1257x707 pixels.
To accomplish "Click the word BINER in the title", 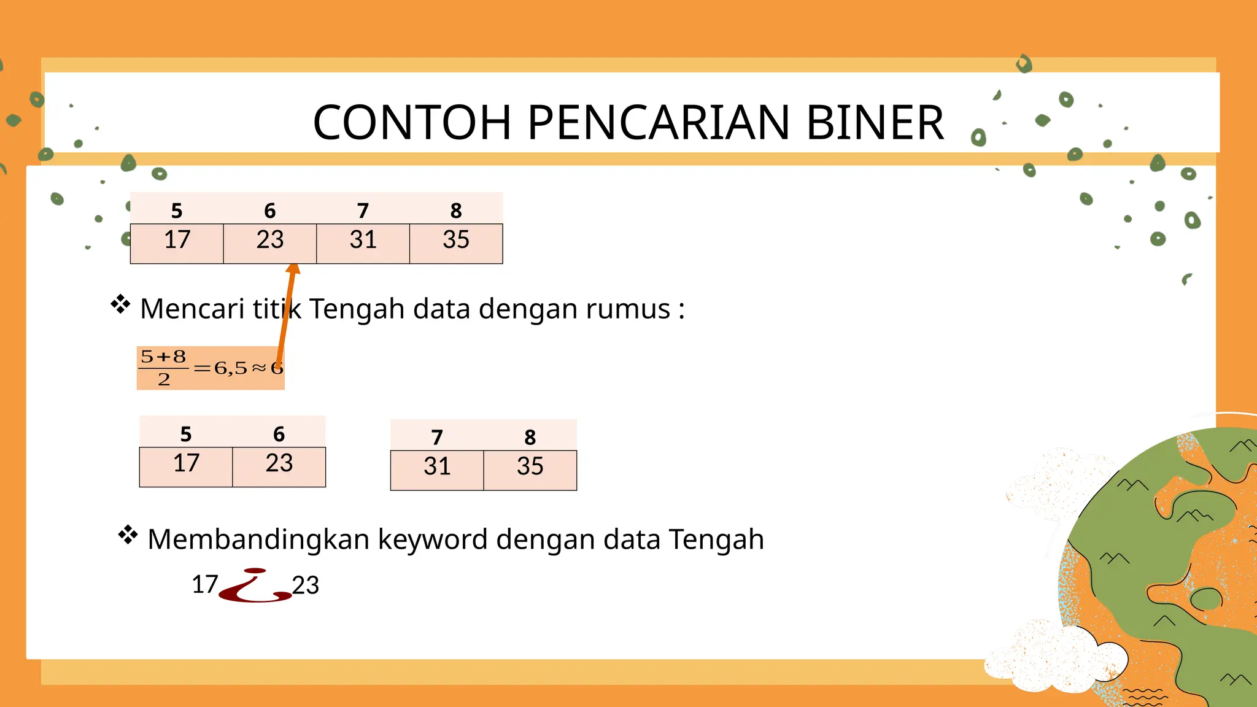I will point(875,122).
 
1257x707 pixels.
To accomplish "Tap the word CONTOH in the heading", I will point(412,122).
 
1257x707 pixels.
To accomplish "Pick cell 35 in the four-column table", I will point(456,241).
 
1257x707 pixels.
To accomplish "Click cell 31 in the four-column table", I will point(363,241).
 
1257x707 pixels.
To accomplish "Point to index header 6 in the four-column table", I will point(270,211).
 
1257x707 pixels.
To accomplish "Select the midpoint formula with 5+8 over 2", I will point(210,368).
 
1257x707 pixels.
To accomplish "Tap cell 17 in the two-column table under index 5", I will point(186,464).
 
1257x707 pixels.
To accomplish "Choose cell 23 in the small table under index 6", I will point(279,464).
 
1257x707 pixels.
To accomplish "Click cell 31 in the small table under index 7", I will point(437,467).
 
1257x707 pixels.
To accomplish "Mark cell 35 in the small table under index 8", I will point(530,467).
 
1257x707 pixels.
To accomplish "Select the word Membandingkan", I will point(258,540).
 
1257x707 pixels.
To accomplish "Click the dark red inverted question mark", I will point(255,586).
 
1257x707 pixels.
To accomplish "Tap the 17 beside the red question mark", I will point(205,585).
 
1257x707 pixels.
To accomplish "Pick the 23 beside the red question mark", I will point(306,585).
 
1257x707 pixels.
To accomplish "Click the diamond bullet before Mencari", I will point(120,304).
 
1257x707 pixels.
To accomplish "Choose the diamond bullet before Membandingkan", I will point(128,535).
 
